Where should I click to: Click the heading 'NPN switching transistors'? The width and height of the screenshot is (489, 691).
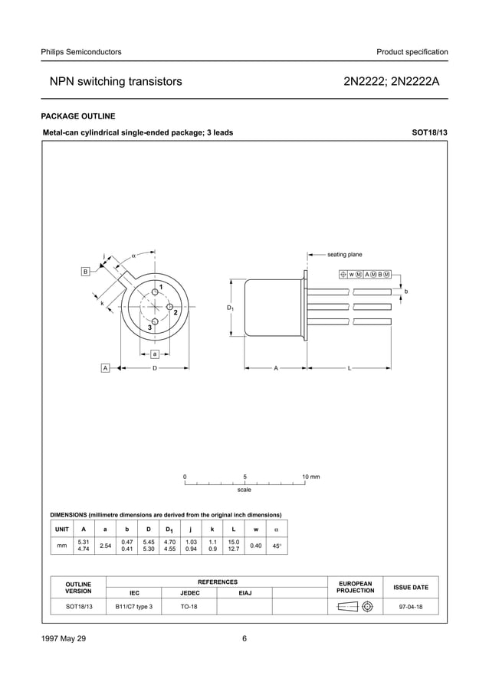click(x=116, y=81)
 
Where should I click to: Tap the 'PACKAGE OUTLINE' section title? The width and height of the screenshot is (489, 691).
click(x=77, y=116)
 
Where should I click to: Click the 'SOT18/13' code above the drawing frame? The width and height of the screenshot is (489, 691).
click(x=430, y=132)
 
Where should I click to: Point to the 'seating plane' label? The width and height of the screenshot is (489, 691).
click(x=344, y=255)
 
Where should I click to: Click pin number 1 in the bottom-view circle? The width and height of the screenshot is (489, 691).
click(x=161, y=286)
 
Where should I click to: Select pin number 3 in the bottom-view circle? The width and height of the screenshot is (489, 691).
click(x=149, y=328)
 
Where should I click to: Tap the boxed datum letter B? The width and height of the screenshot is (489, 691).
click(x=86, y=272)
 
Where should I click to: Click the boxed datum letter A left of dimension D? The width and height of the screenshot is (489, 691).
click(x=105, y=368)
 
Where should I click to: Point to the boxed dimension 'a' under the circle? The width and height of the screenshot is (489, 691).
click(x=154, y=354)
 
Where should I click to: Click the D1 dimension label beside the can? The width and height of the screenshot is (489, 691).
click(x=230, y=308)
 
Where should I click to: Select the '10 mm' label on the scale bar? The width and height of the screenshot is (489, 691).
click(x=310, y=477)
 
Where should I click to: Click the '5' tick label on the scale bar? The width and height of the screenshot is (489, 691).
click(x=244, y=477)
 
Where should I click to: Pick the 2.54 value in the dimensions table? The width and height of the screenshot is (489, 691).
click(x=105, y=546)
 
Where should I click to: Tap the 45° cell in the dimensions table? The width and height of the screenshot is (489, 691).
click(x=277, y=546)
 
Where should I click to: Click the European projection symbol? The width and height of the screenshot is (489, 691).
click(x=355, y=606)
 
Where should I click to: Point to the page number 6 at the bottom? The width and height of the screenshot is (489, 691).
click(x=244, y=639)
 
